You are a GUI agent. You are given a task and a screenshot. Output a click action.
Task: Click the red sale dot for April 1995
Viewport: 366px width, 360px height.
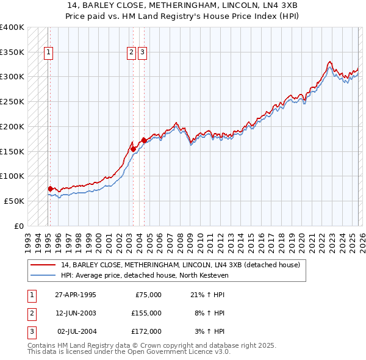coord(50,189)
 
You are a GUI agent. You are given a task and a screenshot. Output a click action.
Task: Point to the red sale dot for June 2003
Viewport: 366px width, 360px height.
coord(133,148)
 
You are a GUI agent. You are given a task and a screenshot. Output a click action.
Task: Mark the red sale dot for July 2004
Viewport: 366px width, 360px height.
coord(144,140)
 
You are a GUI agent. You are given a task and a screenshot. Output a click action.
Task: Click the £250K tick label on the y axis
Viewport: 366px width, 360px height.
coord(12,102)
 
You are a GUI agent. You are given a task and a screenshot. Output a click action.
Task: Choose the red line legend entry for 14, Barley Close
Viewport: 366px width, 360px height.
coord(180,265)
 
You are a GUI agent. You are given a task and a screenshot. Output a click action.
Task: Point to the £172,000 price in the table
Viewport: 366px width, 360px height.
coord(146,331)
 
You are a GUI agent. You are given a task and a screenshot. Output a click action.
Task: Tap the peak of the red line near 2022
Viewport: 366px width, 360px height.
coord(329,62)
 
